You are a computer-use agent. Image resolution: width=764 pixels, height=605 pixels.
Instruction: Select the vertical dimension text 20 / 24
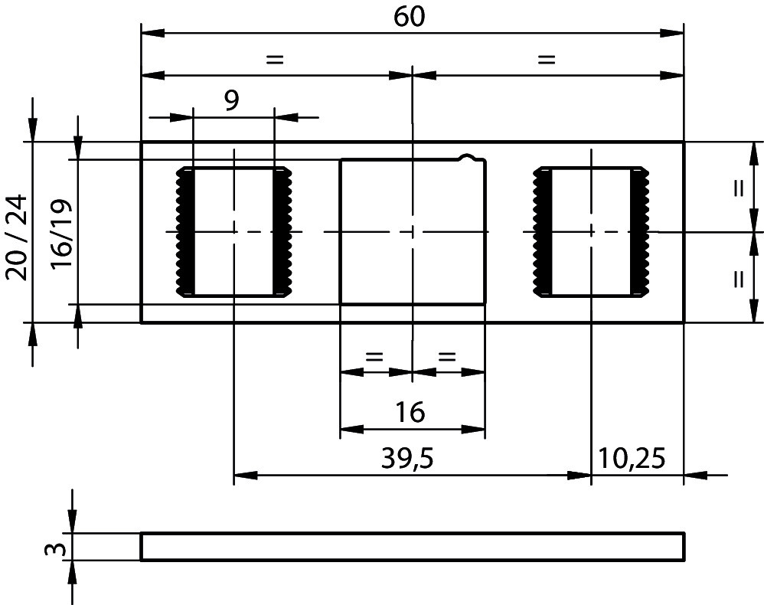17,237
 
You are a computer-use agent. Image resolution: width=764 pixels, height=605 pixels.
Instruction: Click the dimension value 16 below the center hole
411,413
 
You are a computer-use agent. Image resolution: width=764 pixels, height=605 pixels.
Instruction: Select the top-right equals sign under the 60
546,59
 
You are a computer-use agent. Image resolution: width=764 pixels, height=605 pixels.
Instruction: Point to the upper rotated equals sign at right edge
738,188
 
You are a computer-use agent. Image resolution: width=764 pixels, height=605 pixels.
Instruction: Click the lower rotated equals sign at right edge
738,277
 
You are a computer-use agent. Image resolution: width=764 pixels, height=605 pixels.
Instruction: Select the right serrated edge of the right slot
640,231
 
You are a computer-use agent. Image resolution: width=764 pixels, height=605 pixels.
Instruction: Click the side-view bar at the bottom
412,547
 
